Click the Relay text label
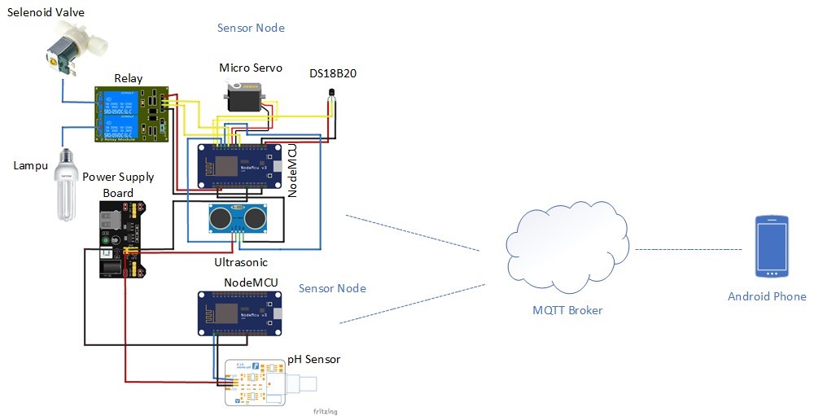coord(128,78)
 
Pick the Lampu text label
coord(32,166)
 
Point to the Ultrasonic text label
coord(241,263)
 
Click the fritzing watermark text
coord(325,411)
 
